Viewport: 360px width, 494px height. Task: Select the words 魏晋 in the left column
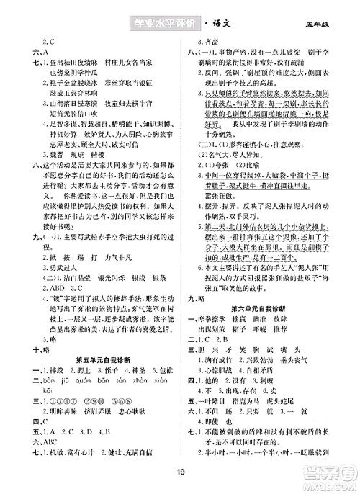point(53,176)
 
